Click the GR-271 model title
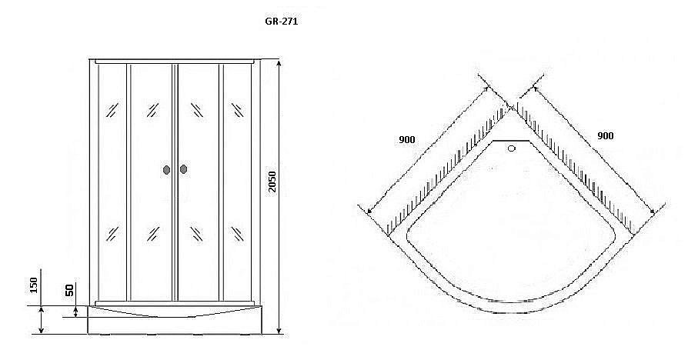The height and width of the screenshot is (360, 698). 281,22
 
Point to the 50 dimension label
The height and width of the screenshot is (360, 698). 68,290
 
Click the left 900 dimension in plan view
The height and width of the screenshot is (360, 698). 407,139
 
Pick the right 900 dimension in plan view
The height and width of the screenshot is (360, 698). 605,135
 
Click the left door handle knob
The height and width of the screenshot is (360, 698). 167,170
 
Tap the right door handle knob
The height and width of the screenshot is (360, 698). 183,170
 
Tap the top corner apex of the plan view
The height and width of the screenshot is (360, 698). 509,108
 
